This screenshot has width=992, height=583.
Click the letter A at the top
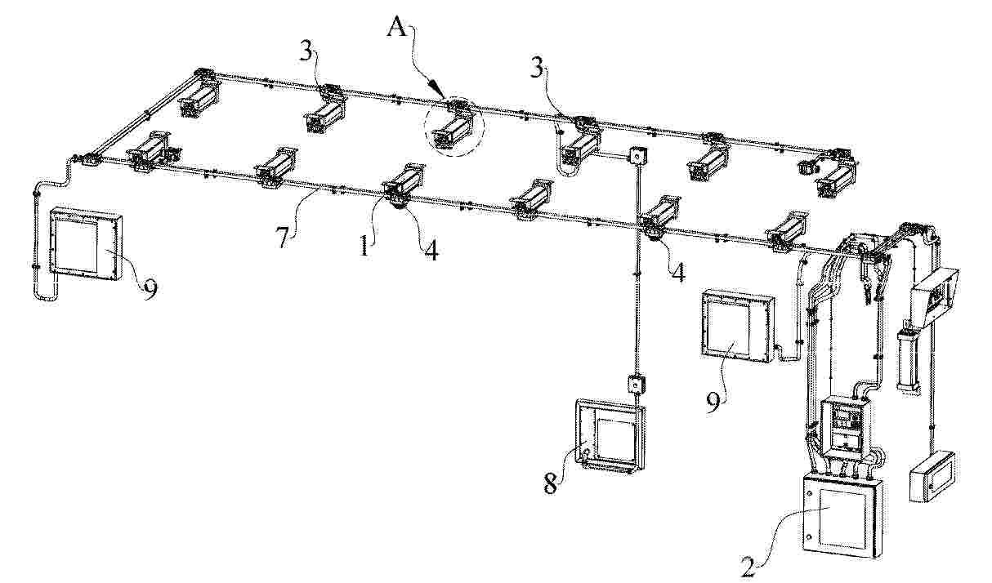click(x=397, y=29)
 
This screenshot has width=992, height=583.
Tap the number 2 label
click(x=748, y=568)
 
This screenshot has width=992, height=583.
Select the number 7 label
click(x=284, y=238)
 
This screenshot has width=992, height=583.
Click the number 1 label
click(x=364, y=246)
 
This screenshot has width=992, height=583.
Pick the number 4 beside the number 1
click(x=431, y=250)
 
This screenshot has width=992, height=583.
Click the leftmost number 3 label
click(x=306, y=51)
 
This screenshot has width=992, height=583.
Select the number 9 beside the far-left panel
click(x=150, y=290)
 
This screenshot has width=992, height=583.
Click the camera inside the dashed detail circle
click(x=453, y=131)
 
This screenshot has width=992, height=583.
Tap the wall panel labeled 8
click(x=610, y=437)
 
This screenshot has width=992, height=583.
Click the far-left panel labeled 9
click(x=86, y=243)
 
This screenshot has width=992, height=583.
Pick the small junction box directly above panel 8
click(x=636, y=385)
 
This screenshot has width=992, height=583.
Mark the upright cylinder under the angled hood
click(x=907, y=359)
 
